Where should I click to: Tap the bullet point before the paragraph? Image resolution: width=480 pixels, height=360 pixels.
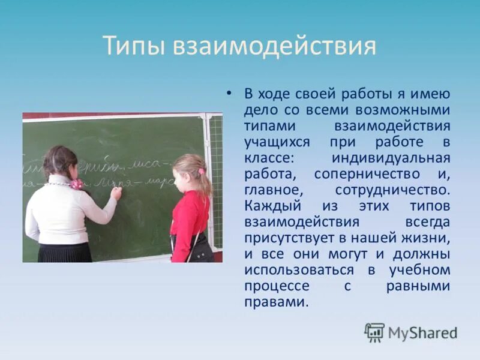tap(228, 94)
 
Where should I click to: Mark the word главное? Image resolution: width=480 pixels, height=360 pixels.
tap(268, 190)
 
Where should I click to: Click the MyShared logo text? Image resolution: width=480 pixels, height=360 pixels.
tap(423, 332)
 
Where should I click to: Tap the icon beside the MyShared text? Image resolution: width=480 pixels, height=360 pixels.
tap(375, 332)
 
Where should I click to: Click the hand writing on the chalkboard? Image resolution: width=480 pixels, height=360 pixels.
tap(116, 193)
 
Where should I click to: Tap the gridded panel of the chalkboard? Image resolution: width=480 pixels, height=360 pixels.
tap(215, 180)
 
